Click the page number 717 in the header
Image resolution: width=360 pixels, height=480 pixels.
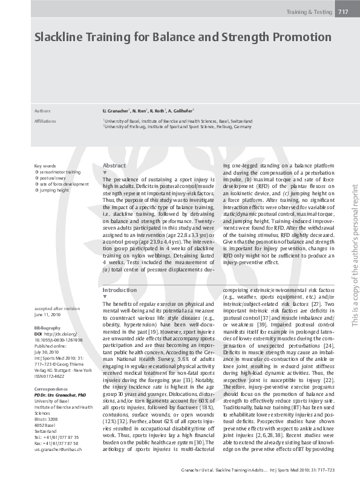pyautogui.click(x=342, y=11)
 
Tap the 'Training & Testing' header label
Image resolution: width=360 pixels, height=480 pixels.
pyautogui.click(x=308, y=11)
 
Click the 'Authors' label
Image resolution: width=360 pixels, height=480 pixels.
pyautogui.click(x=42, y=112)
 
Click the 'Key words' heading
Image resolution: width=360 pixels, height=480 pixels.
pyautogui.click(x=45, y=166)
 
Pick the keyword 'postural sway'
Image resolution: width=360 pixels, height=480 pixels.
pyautogui.click(x=54, y=178)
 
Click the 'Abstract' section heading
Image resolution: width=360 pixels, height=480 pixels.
pyautogui.click(x=114, y=165)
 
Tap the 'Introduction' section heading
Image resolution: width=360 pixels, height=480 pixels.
pyautogui.click(x=120, y=290)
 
